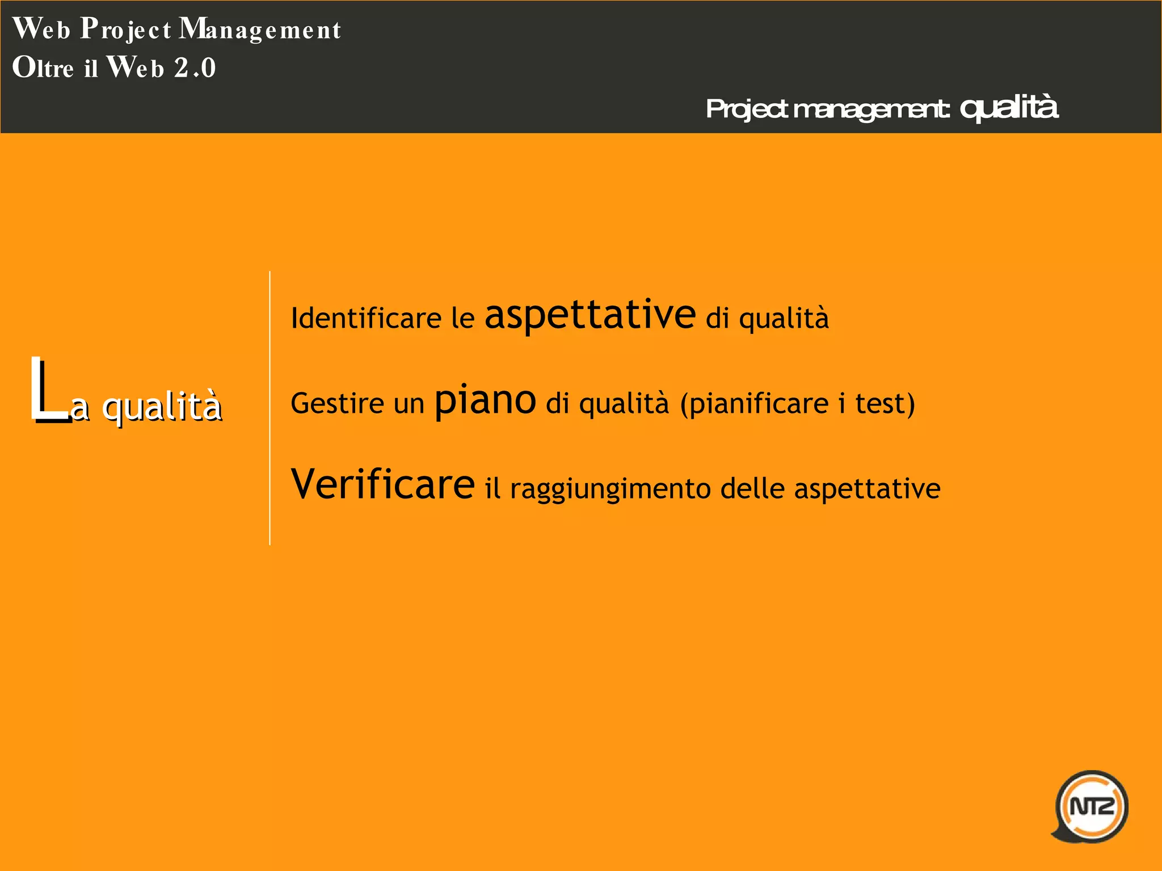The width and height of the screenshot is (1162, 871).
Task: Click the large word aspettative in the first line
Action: [590, 315]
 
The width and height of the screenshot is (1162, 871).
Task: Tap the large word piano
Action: [485, 400]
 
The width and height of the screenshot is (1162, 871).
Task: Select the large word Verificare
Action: [382, 484]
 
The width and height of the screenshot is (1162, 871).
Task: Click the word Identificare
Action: [366, 318]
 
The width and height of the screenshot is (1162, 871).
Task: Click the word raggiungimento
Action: [610, 489]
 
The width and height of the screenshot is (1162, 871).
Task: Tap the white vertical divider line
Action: [270, 408]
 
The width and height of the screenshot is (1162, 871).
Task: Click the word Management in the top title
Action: [260, 29]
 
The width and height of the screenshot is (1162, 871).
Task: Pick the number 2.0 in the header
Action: [195, 68]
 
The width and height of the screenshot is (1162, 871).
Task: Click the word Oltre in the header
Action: [43, 67]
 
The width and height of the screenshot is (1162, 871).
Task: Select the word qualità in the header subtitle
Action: [1009, 107]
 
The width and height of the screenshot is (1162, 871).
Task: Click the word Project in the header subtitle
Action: [747, 108]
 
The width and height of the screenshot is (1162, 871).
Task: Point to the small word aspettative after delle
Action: [867, 489]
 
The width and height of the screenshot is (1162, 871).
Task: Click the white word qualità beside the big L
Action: [162, 407]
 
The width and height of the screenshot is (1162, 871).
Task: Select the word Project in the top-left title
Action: [125, 29]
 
